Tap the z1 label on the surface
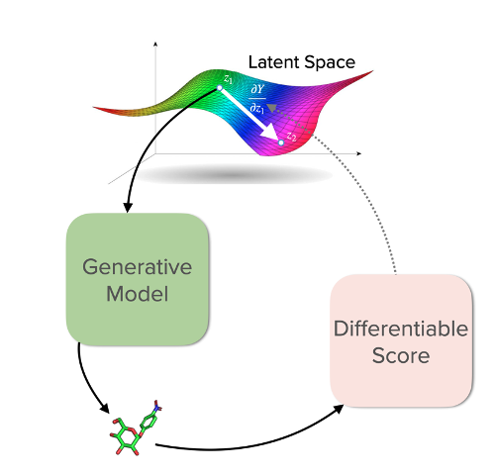(228, 77)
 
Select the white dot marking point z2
(281, 143)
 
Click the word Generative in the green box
(137, 268)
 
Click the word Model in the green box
(137, 294)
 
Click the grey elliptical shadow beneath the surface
(234, 175)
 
